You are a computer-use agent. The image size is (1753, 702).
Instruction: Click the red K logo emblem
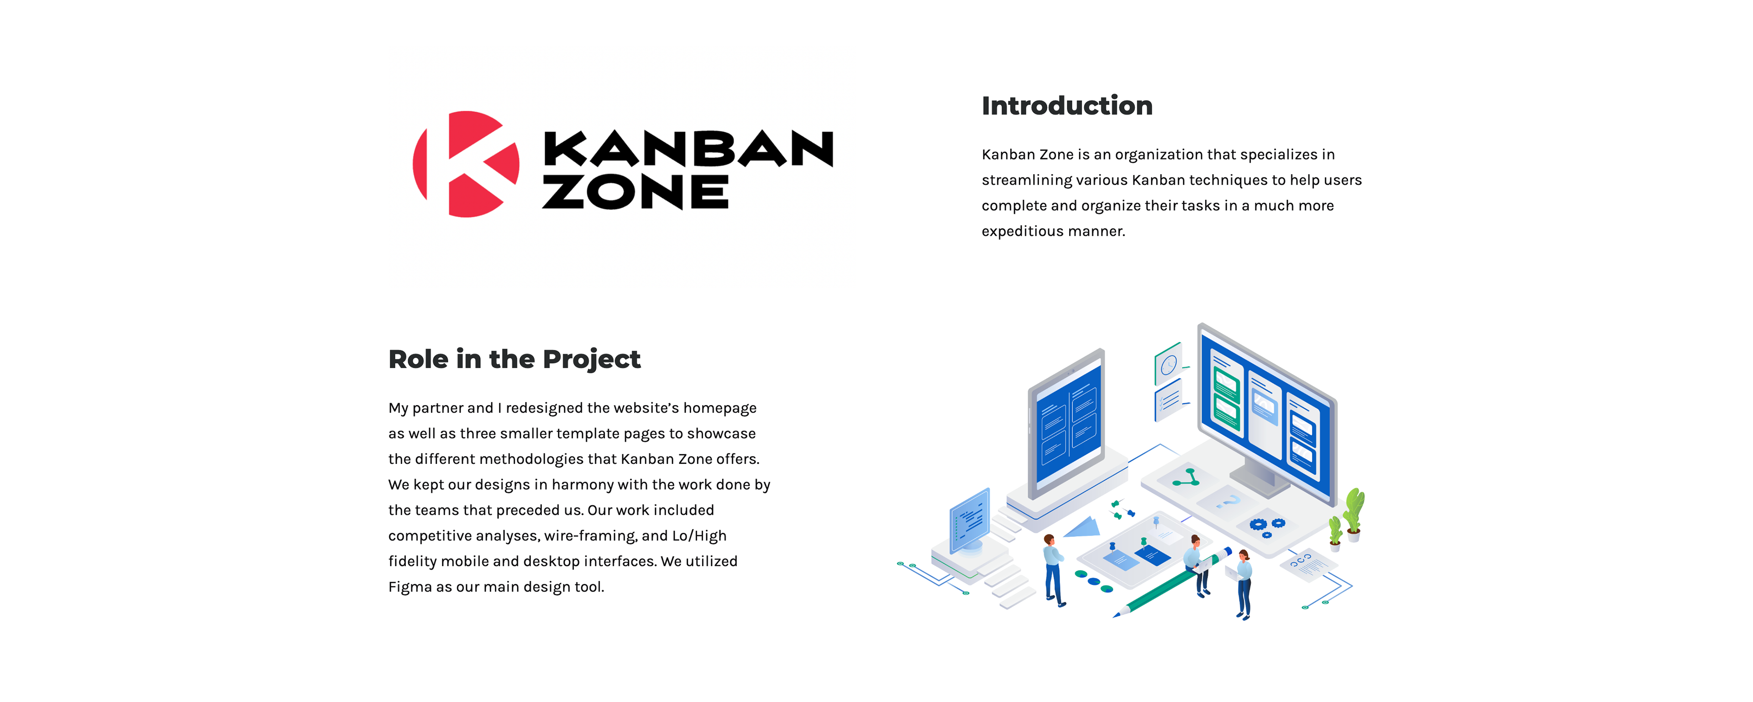point(466,164)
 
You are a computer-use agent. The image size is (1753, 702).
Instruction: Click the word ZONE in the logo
point(635,192)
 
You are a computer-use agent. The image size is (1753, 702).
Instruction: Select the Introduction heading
point(1066,106)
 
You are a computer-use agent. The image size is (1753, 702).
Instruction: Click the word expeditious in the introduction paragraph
point(1022,231)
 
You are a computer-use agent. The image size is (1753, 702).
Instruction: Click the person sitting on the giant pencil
point(1196,561)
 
